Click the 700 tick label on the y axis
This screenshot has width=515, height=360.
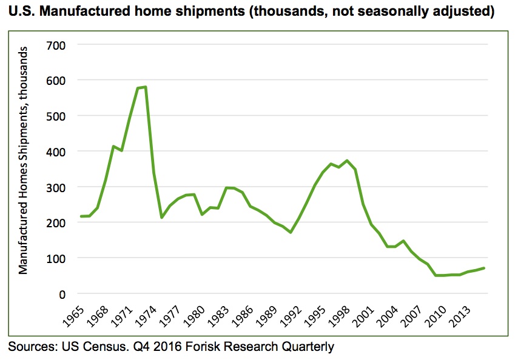click(55, 45)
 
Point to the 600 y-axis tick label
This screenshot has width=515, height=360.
click(55, 80)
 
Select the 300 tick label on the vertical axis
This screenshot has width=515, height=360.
click(55, 187)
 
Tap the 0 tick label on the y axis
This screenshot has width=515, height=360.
click(61, 293)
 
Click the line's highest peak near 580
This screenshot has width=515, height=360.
click(146, 87)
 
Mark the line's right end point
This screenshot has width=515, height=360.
click(484, 268)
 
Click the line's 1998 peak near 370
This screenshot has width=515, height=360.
click(347, 161)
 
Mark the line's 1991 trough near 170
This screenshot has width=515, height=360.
click(291, 232)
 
